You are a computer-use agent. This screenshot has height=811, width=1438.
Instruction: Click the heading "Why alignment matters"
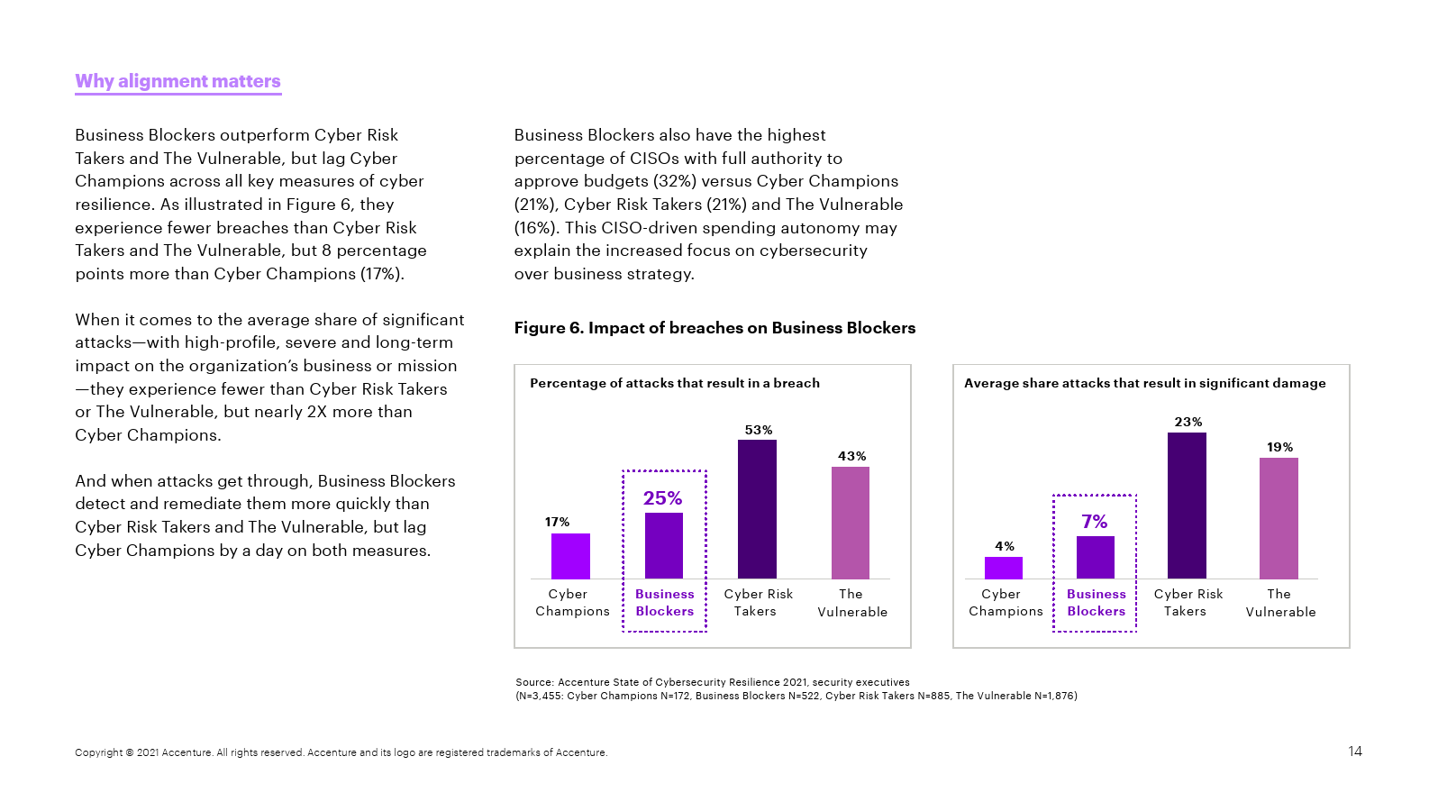coord(177,81)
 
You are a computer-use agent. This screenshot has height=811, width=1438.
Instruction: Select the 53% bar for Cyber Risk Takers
coord(757,509)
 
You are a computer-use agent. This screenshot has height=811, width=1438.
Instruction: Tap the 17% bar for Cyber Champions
coord(570,556)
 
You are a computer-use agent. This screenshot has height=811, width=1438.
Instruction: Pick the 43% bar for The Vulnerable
coord(851,523)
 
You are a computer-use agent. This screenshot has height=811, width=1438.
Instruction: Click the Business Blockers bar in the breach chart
coord(664,545)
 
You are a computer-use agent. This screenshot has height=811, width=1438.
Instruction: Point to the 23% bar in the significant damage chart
coord(1187,506)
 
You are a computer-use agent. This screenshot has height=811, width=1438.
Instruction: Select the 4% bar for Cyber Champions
coord(1004,568)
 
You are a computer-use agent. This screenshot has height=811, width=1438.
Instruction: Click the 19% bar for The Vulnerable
coord(1279,518)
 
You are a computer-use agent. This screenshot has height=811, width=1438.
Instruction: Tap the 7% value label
coord(1095,522)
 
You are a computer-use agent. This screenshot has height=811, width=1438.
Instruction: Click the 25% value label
coord(662,498)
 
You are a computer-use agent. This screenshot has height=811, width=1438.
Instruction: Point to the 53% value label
coord(759,430)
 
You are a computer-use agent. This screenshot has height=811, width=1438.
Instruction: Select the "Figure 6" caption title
coord(714,328)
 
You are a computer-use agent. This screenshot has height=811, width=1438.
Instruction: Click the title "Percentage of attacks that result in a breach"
coord(675,383)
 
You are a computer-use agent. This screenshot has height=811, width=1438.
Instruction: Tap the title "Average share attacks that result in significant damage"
coord(1144,383)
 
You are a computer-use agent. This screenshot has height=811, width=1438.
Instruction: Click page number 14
coord(1355,752)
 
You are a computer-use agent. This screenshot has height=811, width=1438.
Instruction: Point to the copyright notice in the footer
coord(341,752)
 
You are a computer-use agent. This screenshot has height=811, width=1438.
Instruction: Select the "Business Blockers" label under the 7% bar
coord(1097,603)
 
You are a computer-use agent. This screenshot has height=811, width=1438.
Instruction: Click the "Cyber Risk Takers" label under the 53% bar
coord(758,603)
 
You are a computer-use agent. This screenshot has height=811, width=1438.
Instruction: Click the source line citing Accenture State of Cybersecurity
coord(712,682)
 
